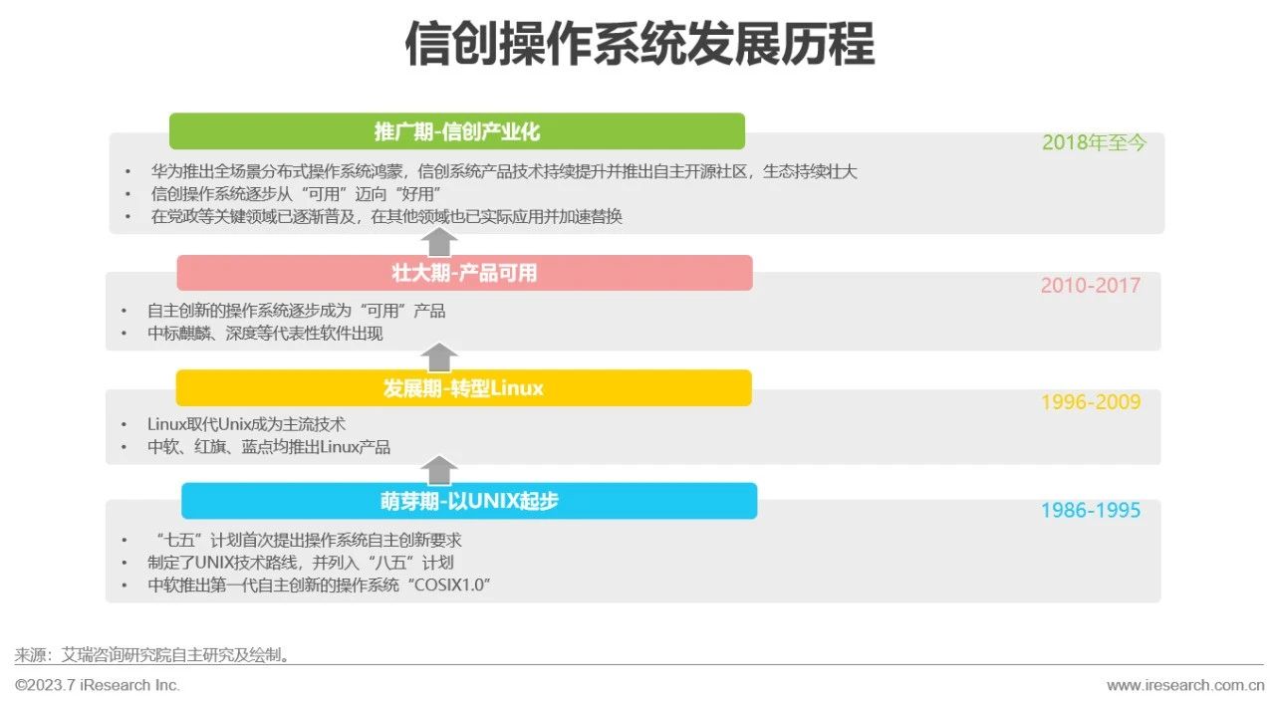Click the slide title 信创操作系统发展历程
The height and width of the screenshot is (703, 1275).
[638, 45]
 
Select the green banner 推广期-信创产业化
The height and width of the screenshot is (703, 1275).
[457, 131]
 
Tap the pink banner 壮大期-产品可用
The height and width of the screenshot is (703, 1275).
[464, 273]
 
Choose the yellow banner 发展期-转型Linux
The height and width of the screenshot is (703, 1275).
[463, 388]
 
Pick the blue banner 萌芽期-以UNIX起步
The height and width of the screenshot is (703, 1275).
[469, 501]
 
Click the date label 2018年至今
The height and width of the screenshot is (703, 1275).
[1094, 142]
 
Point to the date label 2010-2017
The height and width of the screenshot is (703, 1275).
[1090, 286]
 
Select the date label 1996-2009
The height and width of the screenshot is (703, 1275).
[1090, 402]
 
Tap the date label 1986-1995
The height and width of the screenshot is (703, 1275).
[1090, 511]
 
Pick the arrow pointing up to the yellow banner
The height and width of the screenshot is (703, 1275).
[439, 470]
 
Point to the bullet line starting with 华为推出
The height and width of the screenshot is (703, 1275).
[503, 171]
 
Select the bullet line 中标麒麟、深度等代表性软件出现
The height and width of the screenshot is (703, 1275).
[265, 334]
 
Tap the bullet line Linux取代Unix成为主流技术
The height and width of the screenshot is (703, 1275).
[246, 425]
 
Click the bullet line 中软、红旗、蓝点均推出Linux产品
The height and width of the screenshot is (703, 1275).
[269, 447]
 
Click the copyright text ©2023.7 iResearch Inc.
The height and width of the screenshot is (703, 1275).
[98, 685]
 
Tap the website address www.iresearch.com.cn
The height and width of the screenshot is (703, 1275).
[1185, 685]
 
